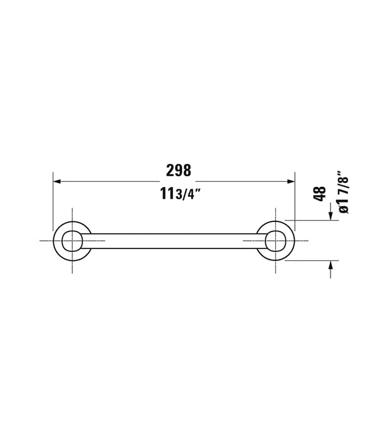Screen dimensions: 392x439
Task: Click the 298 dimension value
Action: [x=179, y=170]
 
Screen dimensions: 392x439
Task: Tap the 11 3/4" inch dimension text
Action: [x=181, y=194]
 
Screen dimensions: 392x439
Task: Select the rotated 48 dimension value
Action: [x=319, y=193]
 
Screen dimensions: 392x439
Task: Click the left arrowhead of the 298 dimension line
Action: [x=57, y=181]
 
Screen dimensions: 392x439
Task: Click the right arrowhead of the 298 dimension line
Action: [x=291, y=181]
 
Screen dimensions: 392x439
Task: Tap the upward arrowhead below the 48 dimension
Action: [x=331, y=265]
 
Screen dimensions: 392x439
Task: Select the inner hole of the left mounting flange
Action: [x=72, y=241]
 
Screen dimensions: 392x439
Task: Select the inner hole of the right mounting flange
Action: [x=276, y=241]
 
